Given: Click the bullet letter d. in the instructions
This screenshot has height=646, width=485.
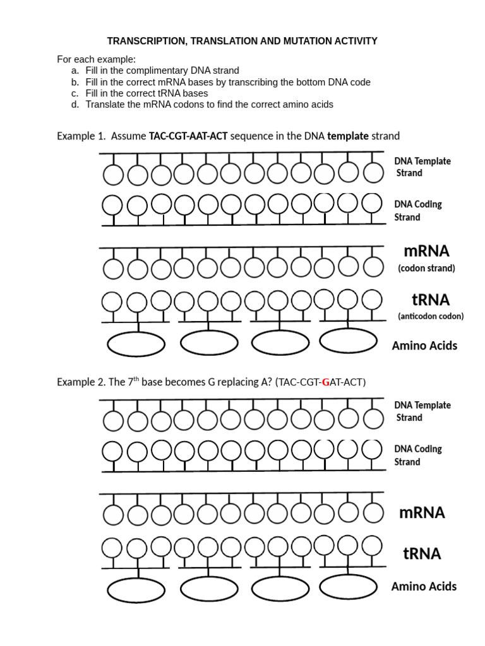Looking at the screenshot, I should (75, 104).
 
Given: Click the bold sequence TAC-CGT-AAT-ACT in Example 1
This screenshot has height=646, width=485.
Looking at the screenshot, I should (188, 136).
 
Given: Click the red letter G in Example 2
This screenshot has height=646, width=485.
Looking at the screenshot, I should (326, 382).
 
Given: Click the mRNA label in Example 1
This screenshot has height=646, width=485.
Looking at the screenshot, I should (424, 251).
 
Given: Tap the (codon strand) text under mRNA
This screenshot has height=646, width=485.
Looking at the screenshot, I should (426, 268).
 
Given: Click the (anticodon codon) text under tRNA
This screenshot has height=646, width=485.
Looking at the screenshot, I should (430, 316).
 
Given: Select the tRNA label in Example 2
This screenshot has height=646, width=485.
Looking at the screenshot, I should (422, 554).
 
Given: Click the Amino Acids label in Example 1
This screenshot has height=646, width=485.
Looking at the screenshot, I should (424, 345).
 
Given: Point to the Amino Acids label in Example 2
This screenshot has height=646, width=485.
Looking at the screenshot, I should (424, 587).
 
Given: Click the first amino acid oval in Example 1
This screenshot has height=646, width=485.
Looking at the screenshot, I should (136, 344).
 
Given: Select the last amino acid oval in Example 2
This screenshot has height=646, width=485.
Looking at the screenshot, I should (349, 587).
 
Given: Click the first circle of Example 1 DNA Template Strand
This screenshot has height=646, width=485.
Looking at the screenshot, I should (113, 174).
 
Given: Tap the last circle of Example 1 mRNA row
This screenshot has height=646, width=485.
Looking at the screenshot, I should (373, 266).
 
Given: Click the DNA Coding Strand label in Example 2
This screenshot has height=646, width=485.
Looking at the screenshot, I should (418, 455).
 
